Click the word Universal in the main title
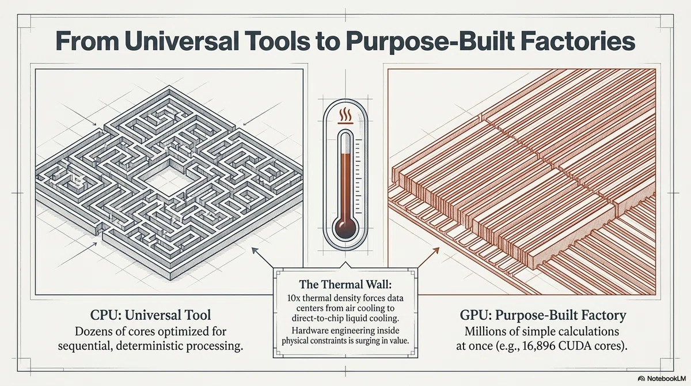(x=182, y=42)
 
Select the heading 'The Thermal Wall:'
(x=345, y=284)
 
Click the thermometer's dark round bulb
(x=345, y=229)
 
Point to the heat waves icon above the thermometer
(x=345, y=116)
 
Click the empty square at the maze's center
(x=166, y=183)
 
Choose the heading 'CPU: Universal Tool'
(x=150, y=315)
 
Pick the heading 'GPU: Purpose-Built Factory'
(x=543, y=315)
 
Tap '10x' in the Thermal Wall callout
(x=292, y=298)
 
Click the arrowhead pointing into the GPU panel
(x=436, y=250)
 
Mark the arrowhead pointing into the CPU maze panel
(x=255, y=250)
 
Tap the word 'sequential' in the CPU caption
(x=84, y=346)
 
